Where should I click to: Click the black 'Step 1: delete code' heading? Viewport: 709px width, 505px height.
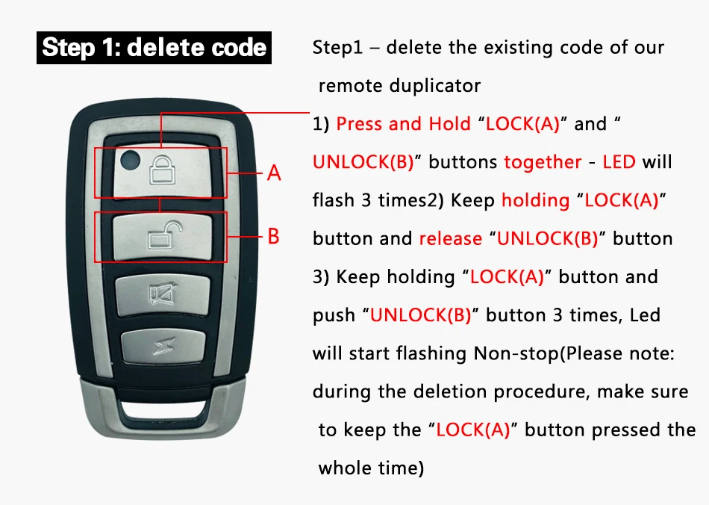coord(154,48)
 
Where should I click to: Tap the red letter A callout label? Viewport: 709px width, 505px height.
coord(274,173)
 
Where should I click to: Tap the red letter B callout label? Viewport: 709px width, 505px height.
coord(274,236)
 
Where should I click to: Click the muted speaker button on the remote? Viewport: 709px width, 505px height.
coord(163,294)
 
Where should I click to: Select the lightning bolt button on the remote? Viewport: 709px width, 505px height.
coord(163,347)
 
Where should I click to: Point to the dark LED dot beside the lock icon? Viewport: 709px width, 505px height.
coord(130,159)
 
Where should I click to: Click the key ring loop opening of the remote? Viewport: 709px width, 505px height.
coord(163,409)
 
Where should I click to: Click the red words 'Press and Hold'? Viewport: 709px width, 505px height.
coord(403,124)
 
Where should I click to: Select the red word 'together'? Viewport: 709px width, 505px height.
coord(543,162)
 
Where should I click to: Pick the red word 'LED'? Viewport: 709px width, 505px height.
coord(619,162)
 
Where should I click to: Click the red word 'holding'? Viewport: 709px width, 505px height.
coord(535,200)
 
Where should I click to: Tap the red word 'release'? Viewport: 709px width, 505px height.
coord(450,238)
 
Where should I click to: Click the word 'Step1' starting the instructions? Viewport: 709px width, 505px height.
coord(338,48)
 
